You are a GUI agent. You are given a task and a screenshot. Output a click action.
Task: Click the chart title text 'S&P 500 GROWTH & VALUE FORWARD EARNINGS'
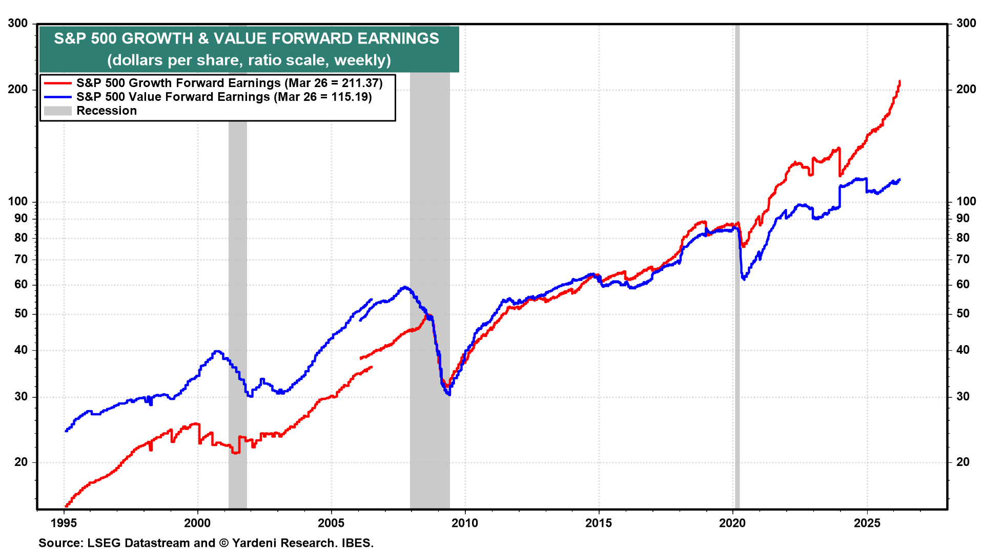247,38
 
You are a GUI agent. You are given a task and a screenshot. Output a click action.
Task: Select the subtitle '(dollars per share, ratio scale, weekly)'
249,60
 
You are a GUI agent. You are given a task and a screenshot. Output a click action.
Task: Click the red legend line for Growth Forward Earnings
57,83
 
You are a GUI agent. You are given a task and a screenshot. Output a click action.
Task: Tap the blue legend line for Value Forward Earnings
57,97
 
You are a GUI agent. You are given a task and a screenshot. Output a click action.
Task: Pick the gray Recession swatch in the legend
57,111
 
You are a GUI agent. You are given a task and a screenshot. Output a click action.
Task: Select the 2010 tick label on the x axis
465,523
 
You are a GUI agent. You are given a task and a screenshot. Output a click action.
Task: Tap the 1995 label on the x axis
64,523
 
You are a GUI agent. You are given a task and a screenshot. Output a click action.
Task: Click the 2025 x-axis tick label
867,523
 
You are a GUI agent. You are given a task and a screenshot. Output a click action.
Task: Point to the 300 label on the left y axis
18,23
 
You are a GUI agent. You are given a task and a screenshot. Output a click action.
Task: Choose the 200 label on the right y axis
966,89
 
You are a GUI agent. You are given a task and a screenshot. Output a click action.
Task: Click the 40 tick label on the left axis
21,350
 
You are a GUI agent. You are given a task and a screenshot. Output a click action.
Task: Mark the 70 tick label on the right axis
963,259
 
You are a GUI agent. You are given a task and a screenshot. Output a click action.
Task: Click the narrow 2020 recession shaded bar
737,307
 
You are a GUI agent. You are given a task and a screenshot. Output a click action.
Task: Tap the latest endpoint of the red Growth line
899,81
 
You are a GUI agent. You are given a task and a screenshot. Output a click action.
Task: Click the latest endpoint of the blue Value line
899,180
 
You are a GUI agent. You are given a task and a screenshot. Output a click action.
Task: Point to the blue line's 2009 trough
449,394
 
